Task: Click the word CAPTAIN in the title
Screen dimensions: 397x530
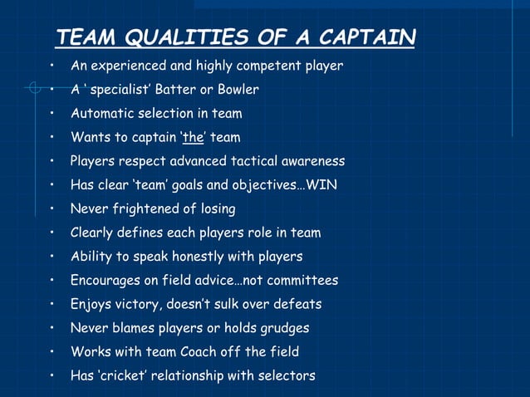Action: (368, 37)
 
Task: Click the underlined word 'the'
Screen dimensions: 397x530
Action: (194, 137)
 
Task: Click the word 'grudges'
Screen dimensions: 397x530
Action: (282, 328)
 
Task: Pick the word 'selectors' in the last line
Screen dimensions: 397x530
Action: (286, 376)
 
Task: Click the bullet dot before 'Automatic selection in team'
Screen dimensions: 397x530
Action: (52, 113)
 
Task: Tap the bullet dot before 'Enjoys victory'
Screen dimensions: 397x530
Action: (52, 304)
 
